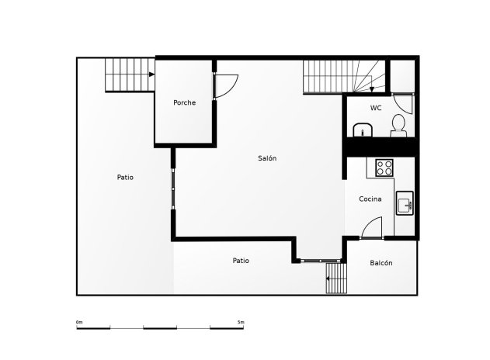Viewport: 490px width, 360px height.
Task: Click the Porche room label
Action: click(184, 102)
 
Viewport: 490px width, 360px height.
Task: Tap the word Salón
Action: click(267, 158)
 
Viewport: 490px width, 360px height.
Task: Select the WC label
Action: click(376, 108)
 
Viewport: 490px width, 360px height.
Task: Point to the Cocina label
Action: click(370, 199)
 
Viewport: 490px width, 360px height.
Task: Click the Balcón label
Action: click(381, 263)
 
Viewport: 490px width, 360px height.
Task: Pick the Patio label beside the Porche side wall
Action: click(125, 177)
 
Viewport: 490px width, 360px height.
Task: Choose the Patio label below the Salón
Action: click(241, 261)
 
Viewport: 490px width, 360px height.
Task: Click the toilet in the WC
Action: click(398, 126)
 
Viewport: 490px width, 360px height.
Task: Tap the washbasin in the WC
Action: click(363, 130)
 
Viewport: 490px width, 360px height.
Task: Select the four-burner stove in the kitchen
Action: click(384, 168)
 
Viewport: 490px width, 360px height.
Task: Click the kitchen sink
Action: click(405, 203)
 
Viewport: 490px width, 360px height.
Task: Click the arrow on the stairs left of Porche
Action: click(151, 74)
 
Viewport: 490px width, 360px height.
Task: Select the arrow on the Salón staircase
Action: click(371, 89)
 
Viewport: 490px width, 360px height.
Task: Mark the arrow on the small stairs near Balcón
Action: click(328, 279)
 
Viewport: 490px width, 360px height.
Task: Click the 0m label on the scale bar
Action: click(79, 322)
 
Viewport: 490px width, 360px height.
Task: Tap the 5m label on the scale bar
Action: click(241, 322)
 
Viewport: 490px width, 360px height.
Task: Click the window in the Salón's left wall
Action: click(173, 189)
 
